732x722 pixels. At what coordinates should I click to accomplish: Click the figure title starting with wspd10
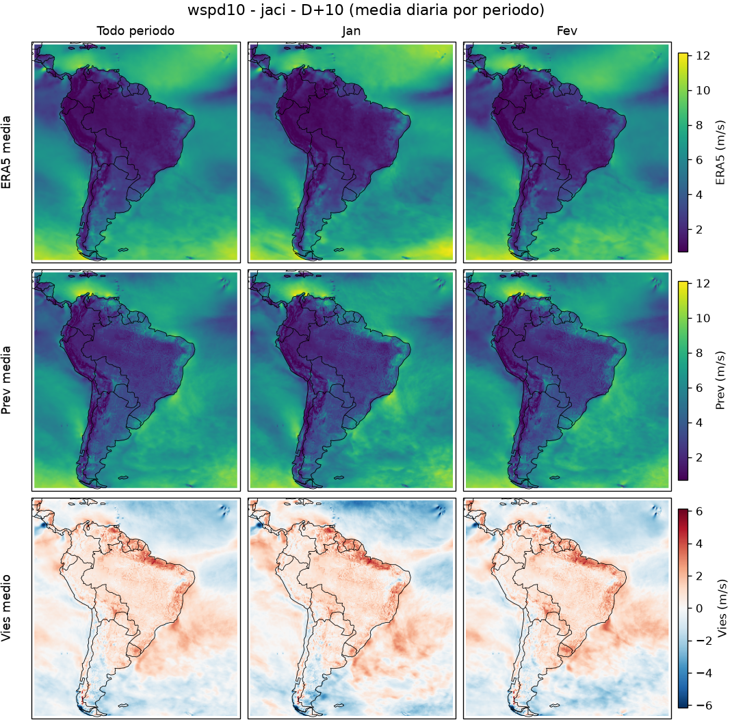coord(365,10)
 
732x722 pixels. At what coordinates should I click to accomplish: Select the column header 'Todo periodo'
coord(135,31)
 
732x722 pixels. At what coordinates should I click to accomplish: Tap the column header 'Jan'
coord(351,31)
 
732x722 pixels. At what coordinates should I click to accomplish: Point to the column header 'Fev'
coord(566,31)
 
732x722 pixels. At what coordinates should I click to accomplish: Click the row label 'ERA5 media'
coord(6,152)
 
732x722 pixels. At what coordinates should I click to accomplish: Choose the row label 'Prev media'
coord(6,380)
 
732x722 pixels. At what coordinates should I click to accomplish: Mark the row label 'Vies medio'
coord(6,608)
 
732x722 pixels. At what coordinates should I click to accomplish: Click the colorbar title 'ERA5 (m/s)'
coord(720,152)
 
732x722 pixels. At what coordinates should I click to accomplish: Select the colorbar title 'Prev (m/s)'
coord(720,380)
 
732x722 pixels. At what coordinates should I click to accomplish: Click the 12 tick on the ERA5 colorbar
coord(703,55)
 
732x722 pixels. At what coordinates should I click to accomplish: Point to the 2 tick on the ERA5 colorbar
coord(699,230)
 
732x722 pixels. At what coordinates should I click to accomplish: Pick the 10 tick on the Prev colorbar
coord(703,319)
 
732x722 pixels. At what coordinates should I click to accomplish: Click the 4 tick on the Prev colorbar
coord(699,423)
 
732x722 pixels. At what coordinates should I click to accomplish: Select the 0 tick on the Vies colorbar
coord(699,609)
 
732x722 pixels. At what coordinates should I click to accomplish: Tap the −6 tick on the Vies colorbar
coord(703,706)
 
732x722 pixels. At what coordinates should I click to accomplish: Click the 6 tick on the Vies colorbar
coord(699,511)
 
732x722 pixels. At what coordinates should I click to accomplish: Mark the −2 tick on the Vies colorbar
coord(703,641)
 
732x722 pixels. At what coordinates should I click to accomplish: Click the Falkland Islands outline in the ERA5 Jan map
coord(339,250)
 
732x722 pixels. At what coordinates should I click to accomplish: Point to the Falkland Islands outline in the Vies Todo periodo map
coord(123,706)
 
